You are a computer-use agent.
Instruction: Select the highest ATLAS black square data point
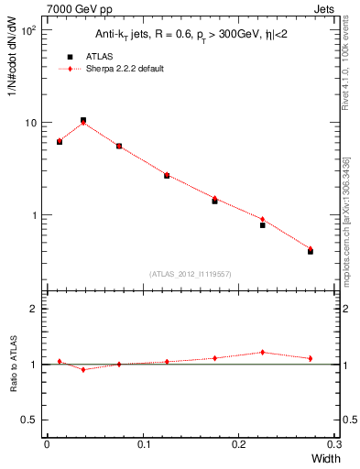[x=83, y=120]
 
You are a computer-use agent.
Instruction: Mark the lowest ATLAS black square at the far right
[x=311, y=251]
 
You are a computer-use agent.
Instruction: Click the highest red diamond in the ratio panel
[x=263, y=352]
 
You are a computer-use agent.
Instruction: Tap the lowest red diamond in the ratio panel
[x=83, y=369]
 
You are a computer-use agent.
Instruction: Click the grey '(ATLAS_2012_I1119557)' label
[x=190, y=274]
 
